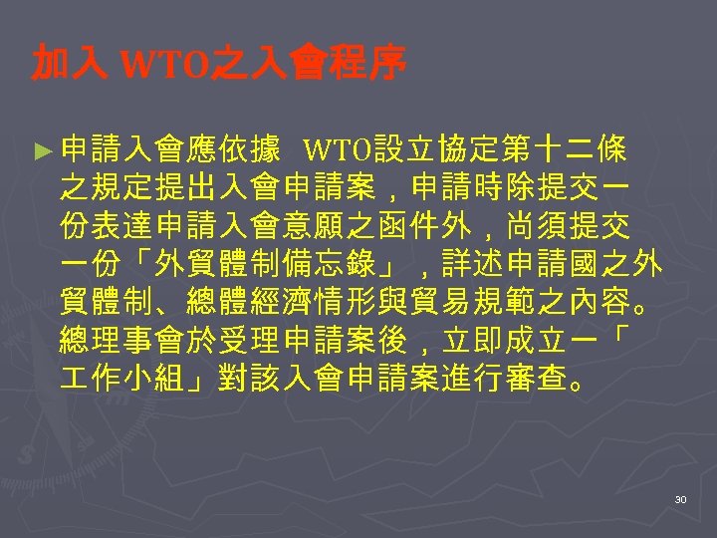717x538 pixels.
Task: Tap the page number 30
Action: point(680,498)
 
